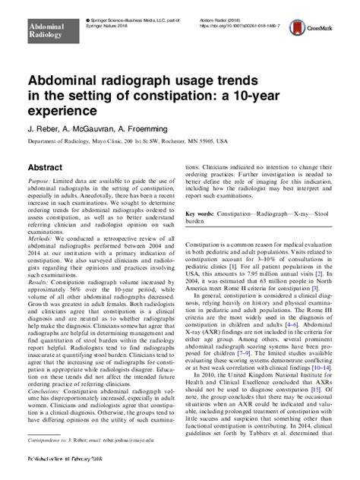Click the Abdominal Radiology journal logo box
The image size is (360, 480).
48,30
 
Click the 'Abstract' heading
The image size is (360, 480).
45,166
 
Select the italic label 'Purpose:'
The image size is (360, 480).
40,182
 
